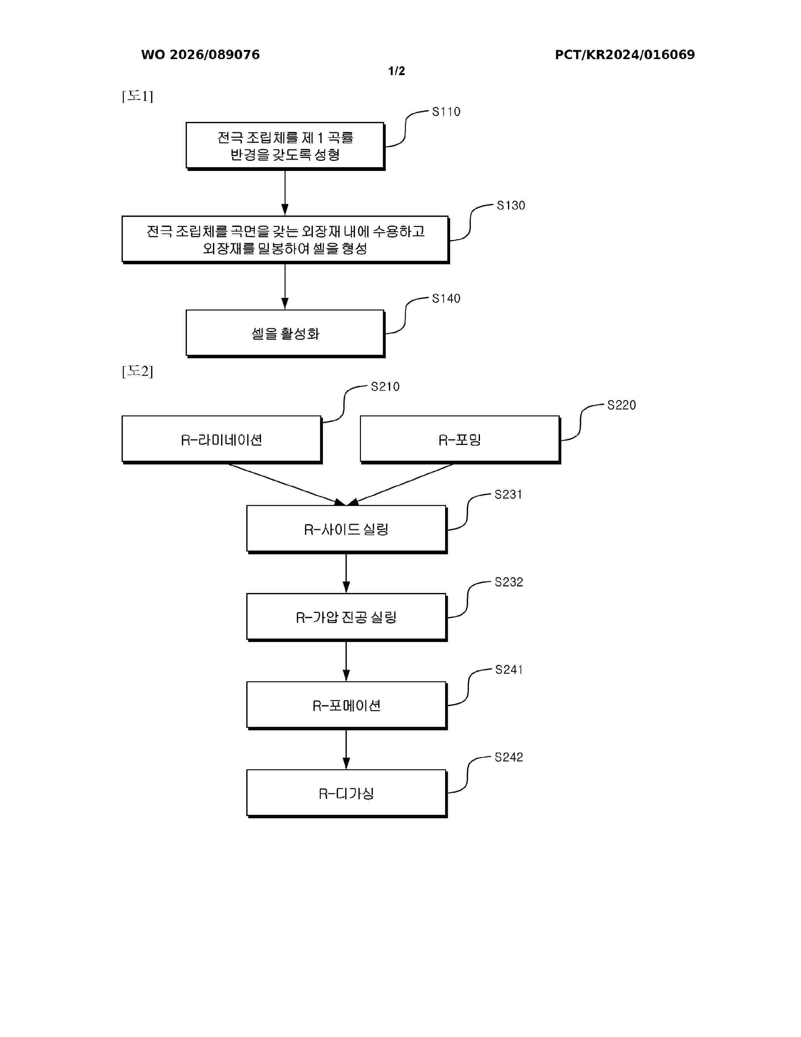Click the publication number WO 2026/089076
tap(200, 55)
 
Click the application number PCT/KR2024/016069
tap(624, 55)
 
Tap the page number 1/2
tap(397, 71)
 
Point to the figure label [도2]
tap(138, 371)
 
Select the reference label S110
tap(446, 112)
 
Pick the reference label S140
tap(446, 299)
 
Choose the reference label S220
tap(622, 405)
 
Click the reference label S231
tap(508, 495)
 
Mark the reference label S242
tap(509, 757)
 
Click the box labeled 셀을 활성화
tap(285, 333)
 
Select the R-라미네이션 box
tap(222, 440)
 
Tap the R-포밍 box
tap(460, 440)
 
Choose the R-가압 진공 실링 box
tap(347, 617)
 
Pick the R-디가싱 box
tap(347, 793)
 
